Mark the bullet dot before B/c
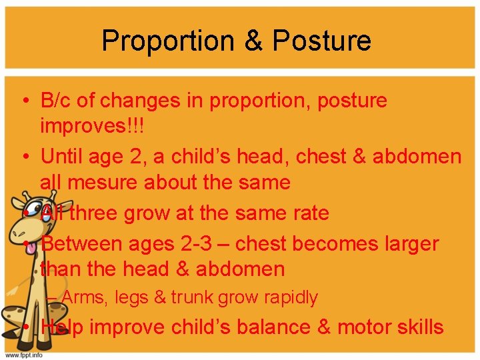(x=24, y=101)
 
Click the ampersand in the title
(x=253, y=41)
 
